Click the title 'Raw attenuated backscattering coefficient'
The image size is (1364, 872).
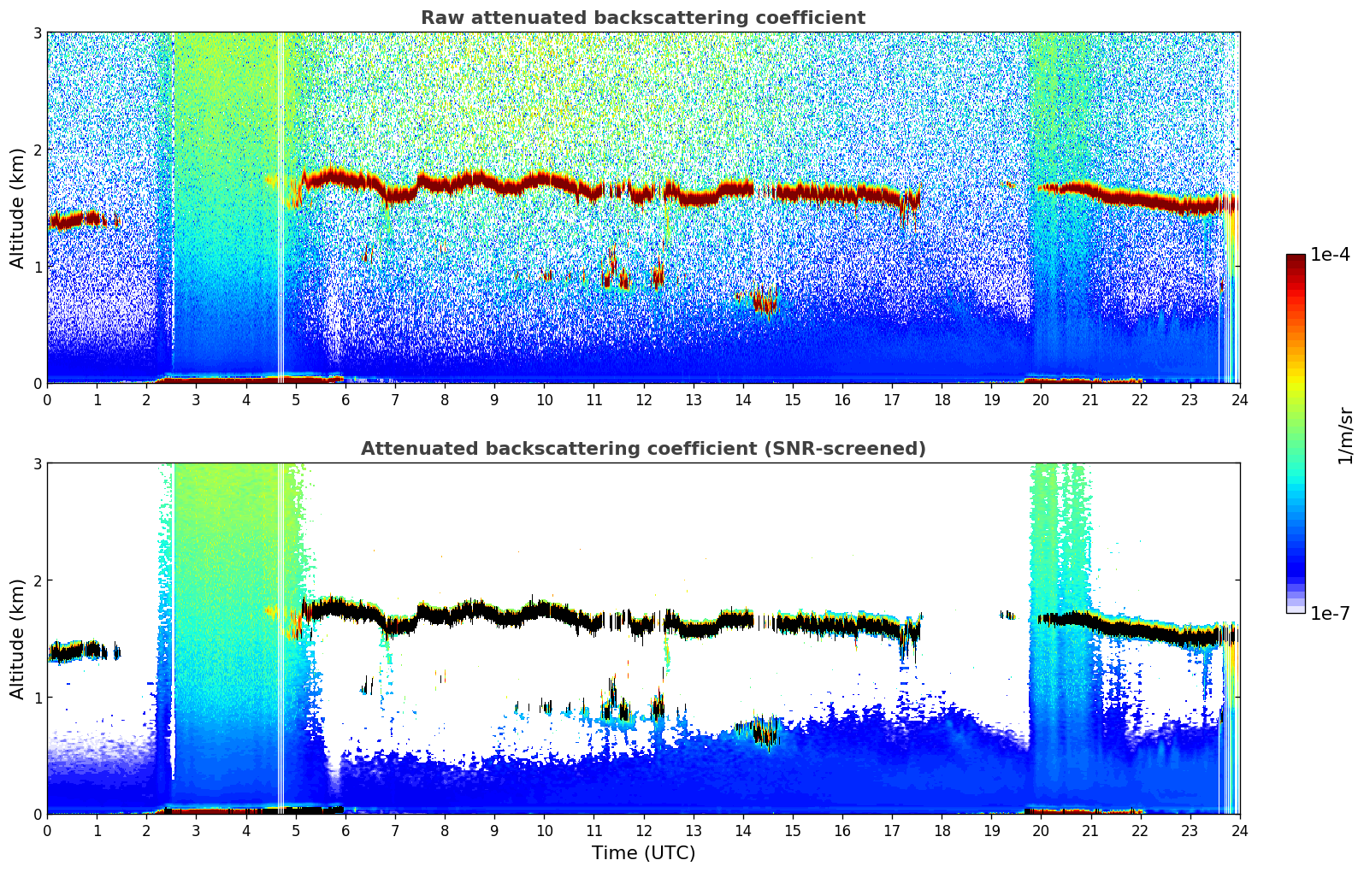point(642,18)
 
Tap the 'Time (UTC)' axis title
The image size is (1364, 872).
point(643,853)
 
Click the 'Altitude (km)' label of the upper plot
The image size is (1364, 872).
point(17,208)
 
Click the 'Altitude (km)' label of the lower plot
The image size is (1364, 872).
point(17,639)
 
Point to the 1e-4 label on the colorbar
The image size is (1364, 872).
point(1330,255)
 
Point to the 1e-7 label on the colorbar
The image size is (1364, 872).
point(1330,613)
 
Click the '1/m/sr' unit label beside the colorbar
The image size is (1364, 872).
point(1345,434)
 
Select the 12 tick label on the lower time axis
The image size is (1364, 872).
point(643,831)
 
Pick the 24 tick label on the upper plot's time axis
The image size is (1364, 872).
point(1239,400)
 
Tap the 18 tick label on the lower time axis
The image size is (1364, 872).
point(942,831)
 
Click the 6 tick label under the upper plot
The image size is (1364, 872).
point(345,400)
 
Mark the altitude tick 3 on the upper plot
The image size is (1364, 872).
point(37,32)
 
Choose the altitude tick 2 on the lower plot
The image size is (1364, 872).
point(37,580)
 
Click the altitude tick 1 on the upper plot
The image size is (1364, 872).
point(37,267)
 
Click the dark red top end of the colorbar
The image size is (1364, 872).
point(1295,258)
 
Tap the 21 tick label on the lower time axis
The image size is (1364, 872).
point(1090,831)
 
